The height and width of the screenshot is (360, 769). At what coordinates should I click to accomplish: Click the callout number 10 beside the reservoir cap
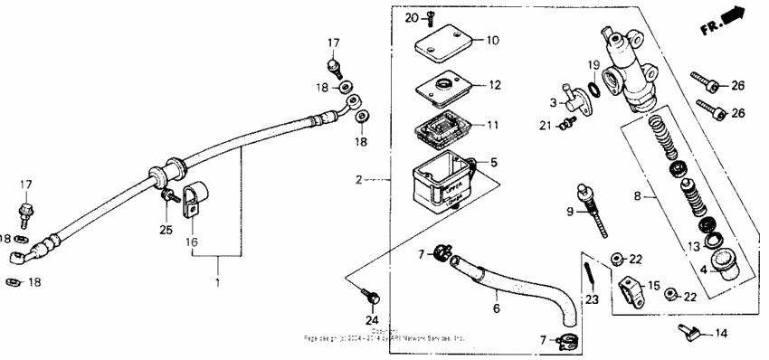[492, 41]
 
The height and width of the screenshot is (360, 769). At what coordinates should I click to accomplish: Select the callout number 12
[494, 86]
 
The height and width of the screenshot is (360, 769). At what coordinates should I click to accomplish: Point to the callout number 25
[166, 231]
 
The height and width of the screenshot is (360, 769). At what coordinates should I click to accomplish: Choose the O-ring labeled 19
[593, 90]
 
